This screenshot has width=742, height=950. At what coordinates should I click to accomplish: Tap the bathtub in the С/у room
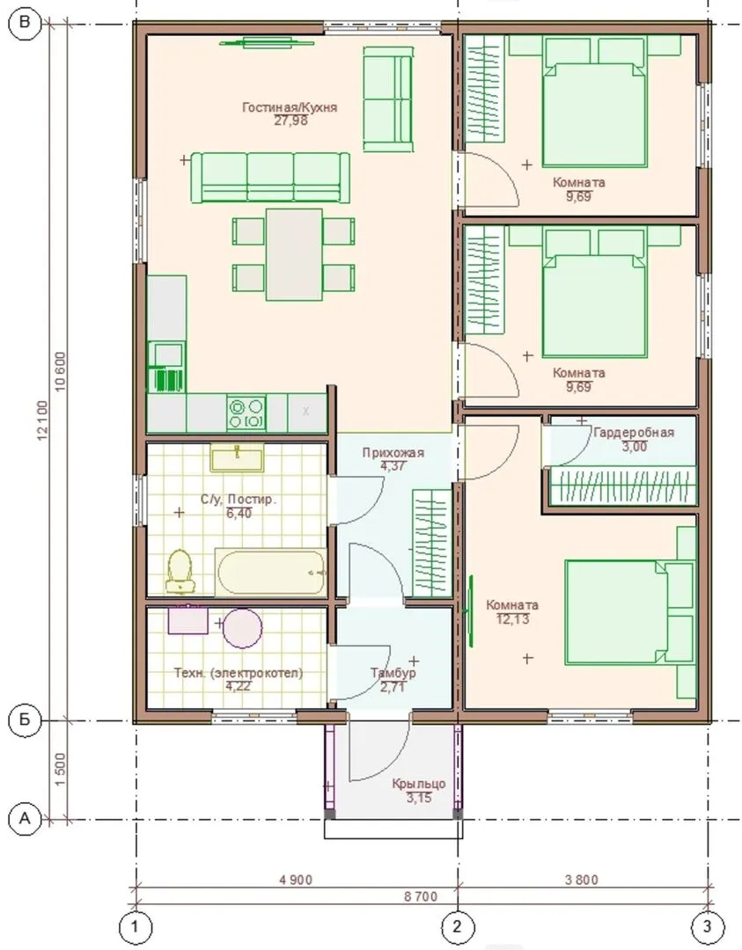tap(271, 572)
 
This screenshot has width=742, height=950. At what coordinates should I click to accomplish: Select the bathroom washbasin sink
tap(237, 457)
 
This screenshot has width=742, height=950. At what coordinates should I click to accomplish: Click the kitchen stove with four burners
tap(246, 413)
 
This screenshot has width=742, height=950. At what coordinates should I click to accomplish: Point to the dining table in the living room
tap(294, 254)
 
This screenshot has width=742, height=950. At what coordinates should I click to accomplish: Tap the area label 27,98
tap(291, 121)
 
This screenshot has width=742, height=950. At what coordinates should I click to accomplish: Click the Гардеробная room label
tap(634, 433)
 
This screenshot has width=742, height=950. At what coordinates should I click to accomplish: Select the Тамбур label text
tap(393, 673)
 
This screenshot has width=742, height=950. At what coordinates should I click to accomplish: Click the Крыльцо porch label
tap(419, 784)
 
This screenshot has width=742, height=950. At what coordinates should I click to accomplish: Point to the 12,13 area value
tap(513, 619)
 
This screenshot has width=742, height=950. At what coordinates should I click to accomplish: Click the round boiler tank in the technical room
tap(242, 628)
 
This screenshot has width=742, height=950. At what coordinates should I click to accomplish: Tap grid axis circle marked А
tap(25, 819)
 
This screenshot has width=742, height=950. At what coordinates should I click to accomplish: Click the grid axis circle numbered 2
tap(457, 926)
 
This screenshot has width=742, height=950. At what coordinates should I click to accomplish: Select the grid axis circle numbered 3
tap(708, 926)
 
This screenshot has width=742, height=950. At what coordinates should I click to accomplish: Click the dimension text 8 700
tap(421, 896)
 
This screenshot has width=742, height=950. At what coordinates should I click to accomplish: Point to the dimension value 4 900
tap(296, 879)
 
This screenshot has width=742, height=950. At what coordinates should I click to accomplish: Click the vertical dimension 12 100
tap(43, 420)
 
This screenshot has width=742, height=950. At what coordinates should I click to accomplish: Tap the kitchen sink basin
tap(168, 354)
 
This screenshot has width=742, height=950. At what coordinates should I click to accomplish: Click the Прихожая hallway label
tap(393, 453)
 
